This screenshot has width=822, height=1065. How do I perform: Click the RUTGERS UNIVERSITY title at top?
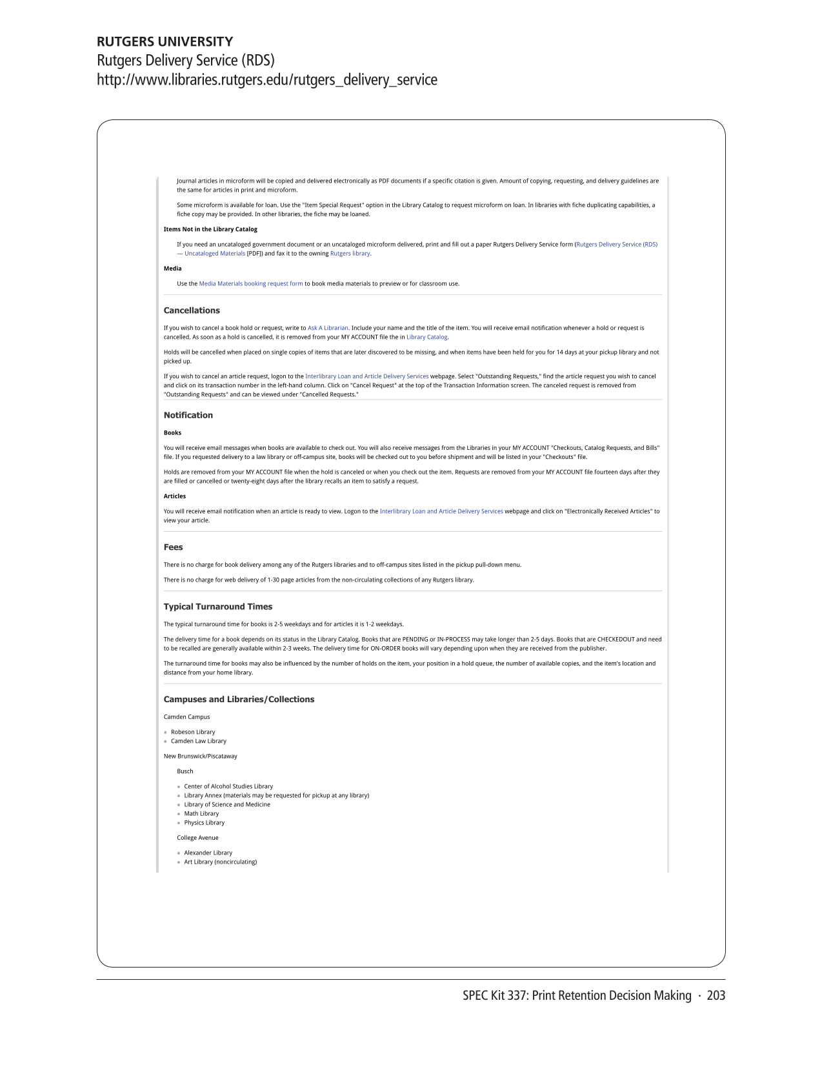(x=165, y=42)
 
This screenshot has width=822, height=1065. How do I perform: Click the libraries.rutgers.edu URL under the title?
(x=266, y=80)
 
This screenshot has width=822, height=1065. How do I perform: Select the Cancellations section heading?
(x=192, y=310)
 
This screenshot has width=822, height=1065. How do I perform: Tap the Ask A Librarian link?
(x=328, y=328)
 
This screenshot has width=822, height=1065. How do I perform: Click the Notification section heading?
(x=188, y=416)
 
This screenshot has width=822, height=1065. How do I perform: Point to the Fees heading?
(x=173, y=547)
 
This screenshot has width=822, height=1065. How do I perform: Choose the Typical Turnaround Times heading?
(x=217, y=607)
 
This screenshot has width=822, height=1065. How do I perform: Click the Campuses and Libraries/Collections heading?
(x=239, y=700)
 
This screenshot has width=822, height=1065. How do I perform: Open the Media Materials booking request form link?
(x=250, y=284)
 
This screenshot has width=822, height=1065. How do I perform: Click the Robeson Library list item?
(x=193, y=732)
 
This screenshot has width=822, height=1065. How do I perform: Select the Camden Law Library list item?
(x=199, y=741)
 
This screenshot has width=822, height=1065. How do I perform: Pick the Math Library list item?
(x=201, y=814)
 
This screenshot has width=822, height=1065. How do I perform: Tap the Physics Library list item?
(x=204, y=823)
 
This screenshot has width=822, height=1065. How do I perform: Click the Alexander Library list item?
(x=208, y=853)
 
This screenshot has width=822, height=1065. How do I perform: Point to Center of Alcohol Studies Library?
(x=228, y=787)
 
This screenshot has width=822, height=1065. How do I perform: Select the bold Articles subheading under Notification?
(x=174, y=496)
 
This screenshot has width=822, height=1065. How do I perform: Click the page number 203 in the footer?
(x=716, y=996)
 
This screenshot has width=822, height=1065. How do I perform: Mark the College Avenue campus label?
(x=197, y=838)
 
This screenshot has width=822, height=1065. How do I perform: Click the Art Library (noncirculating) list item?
(x=220, y=862)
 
